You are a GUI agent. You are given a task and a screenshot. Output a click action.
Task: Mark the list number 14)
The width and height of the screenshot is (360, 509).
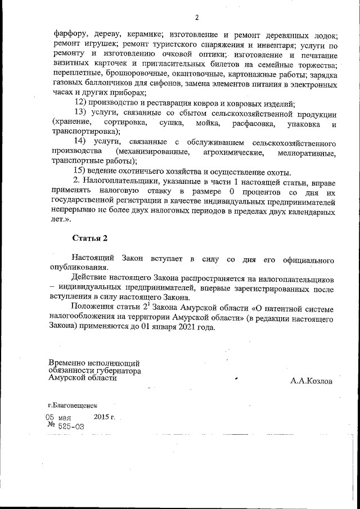[82, 142]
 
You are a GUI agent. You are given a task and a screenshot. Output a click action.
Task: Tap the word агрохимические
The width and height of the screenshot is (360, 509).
[226, 152]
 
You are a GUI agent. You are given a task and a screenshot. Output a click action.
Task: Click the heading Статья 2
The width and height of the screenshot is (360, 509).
[89, 238]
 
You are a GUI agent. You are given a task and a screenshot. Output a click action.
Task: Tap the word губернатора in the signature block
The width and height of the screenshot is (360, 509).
[119, 371]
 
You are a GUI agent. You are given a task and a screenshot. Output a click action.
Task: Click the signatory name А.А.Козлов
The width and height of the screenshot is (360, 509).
[311, 381]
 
